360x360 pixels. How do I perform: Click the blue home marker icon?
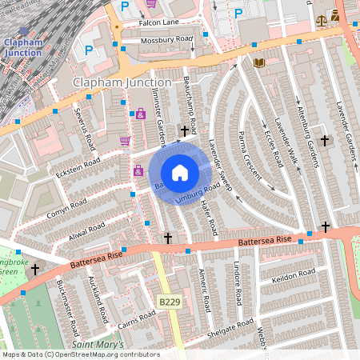180,172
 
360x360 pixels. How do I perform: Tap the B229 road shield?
169,302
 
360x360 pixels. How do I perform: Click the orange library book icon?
258,62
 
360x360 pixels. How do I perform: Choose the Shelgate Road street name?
231,329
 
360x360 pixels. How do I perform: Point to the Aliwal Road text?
85,230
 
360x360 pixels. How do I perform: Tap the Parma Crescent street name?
248,144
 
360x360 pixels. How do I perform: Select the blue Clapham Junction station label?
23,46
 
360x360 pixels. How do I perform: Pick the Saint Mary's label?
98,345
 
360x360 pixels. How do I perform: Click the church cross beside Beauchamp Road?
185,130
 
